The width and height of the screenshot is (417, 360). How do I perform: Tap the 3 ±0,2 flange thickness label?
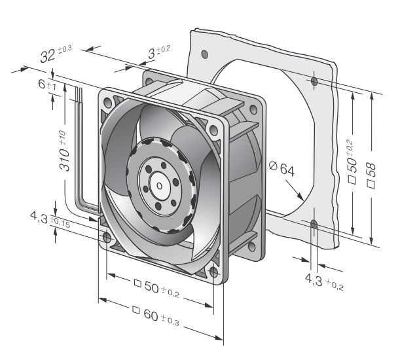pos(159,52)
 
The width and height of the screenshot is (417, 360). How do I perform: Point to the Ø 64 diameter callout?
pos(281,168)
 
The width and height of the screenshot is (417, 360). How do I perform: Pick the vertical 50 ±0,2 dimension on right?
pos(352,162)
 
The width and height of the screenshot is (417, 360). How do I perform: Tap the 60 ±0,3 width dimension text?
pos(156,315)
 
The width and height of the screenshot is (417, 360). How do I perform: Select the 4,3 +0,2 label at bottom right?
pos(324,281)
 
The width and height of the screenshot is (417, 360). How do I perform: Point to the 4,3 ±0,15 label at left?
pos(50,219)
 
